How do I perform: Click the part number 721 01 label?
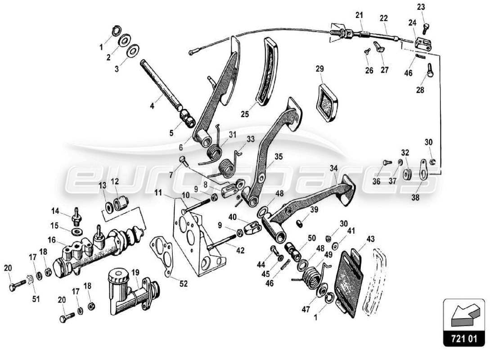[x=464, y=337]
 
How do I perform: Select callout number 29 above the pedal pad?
[x=319, y=69]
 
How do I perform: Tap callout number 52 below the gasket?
[x=184, y=284]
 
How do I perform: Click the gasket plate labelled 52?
[x=165, y=257]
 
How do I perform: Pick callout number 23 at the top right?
[x=421, y=7]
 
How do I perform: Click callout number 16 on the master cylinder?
[x=53, y=241]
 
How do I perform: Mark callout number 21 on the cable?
[x=359, y=15]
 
